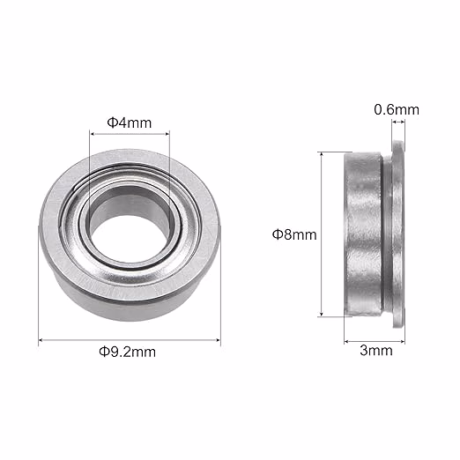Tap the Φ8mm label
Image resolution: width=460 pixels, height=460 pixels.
tap(293, 234)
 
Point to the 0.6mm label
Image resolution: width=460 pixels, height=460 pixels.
tap(397, 109)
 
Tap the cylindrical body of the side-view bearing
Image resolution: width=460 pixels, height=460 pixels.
tap(363, 234)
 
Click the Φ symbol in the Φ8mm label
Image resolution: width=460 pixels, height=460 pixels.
tap(277, 234)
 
